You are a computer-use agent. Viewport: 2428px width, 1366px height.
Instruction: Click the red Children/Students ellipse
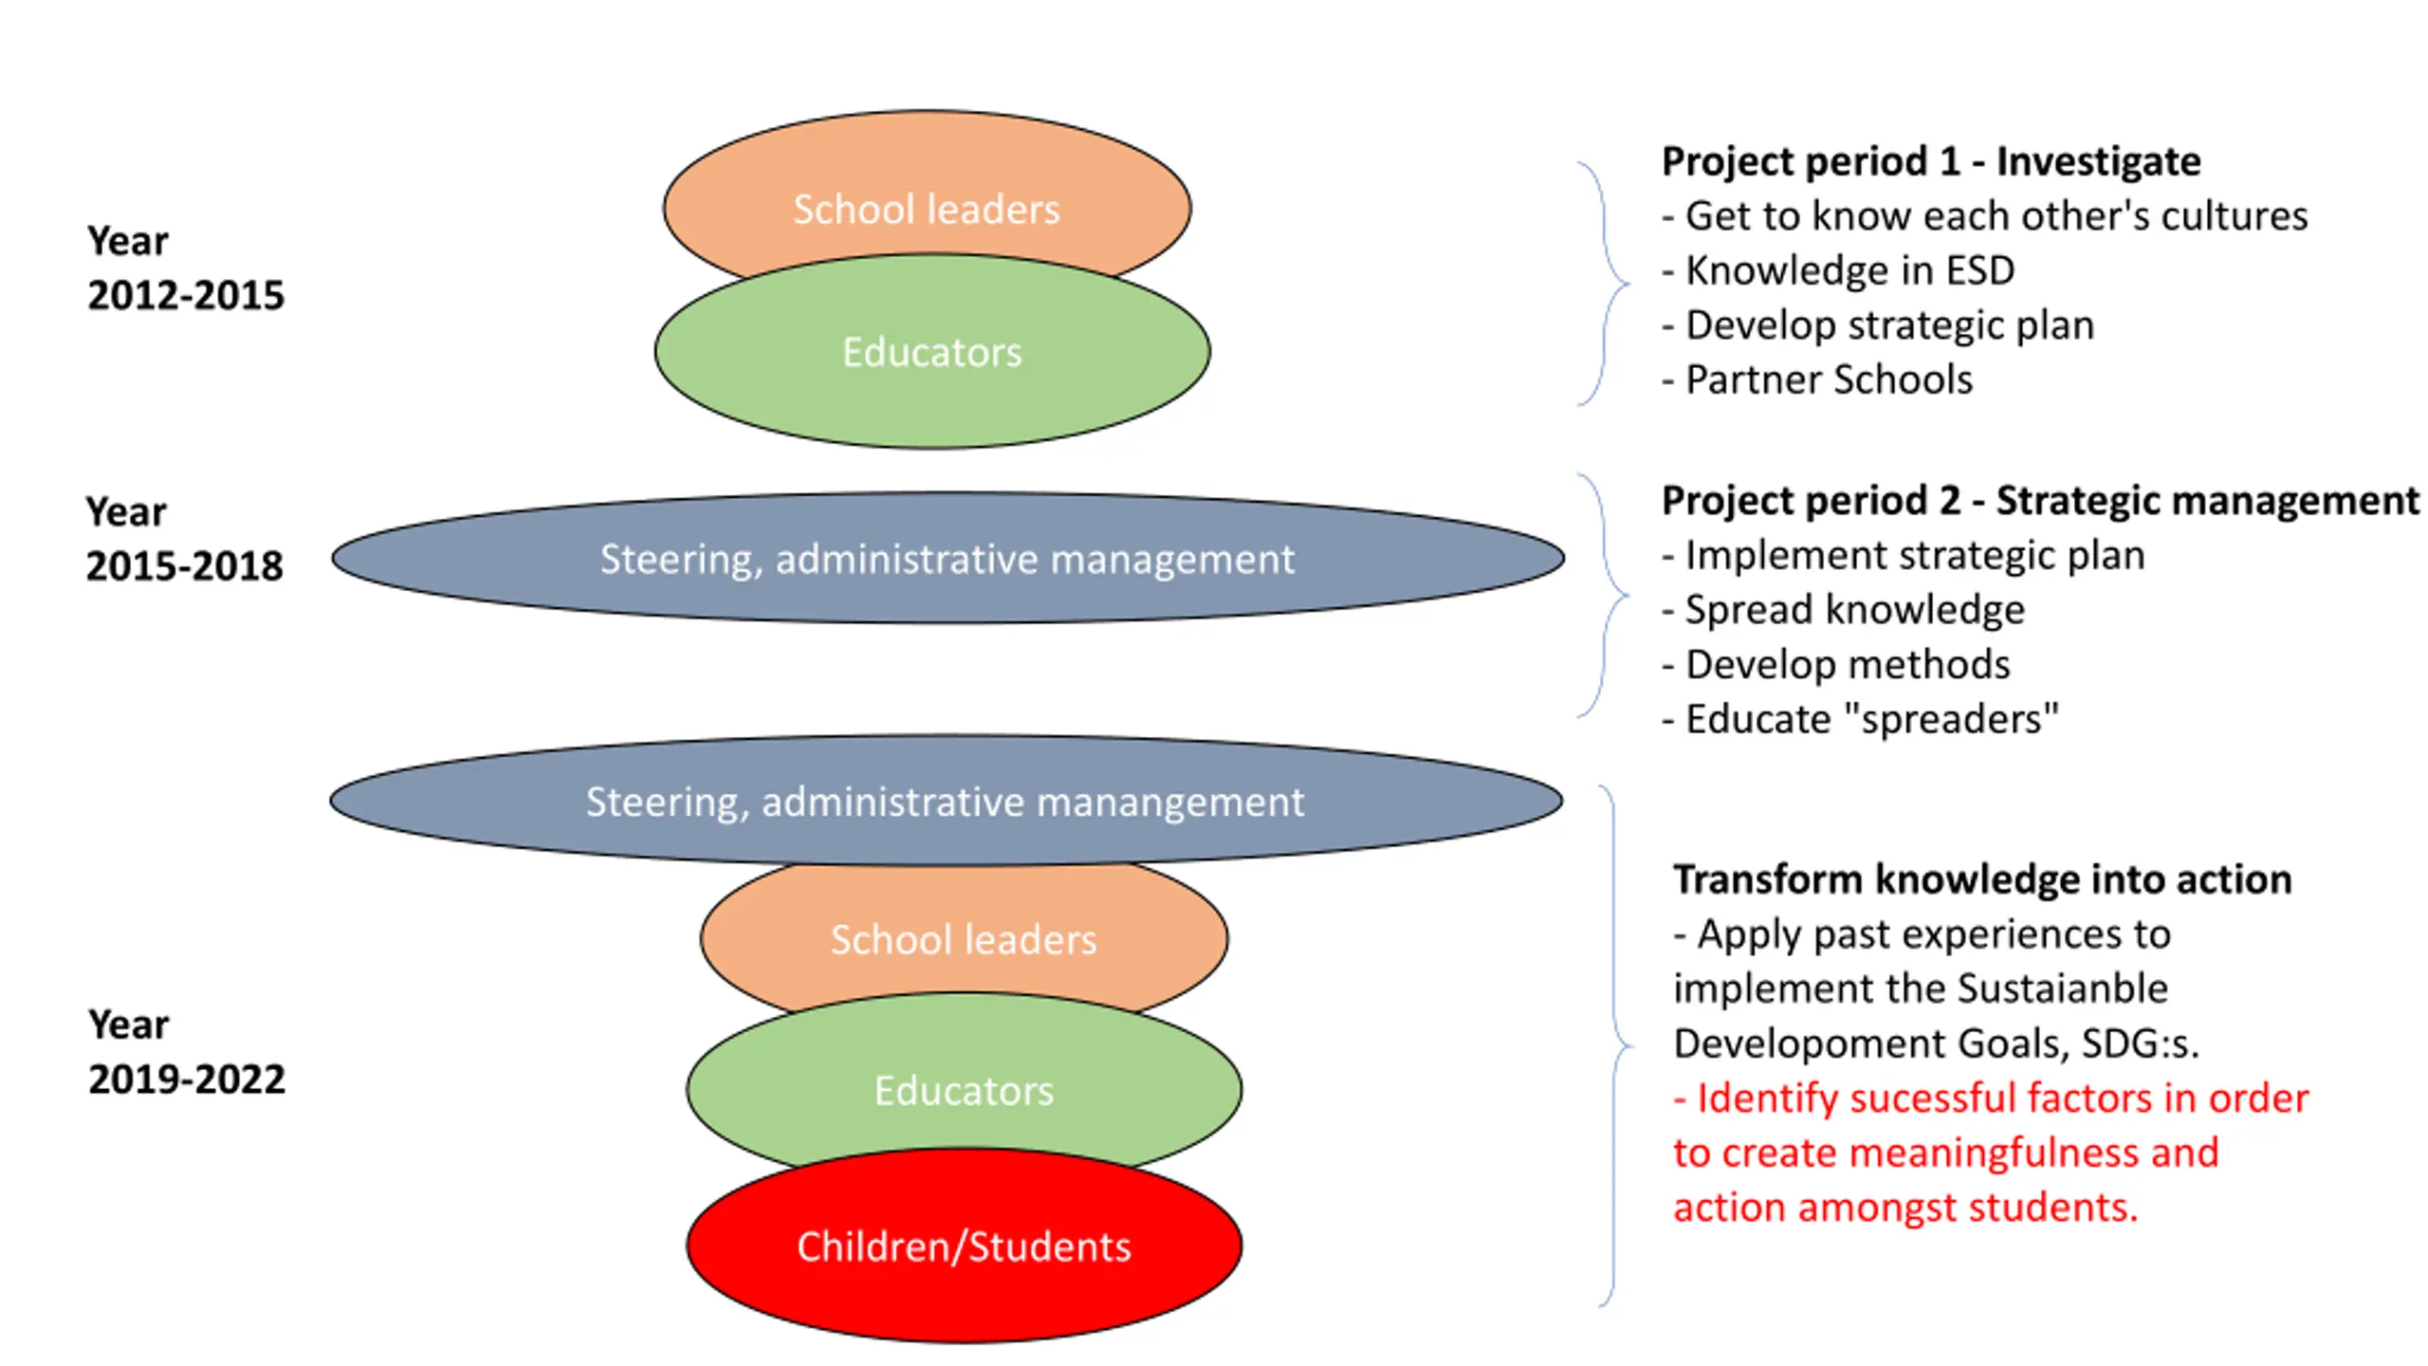[964, 1246]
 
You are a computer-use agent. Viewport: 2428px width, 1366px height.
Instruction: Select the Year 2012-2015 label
[185, 268]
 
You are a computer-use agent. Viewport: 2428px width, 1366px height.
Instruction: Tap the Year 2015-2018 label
[184, 539]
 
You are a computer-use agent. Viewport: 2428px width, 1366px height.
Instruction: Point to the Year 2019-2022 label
[186, 1052]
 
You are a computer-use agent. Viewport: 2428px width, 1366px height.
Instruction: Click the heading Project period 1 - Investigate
[1931, 162]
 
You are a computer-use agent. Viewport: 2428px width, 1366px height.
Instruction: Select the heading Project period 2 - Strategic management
[2040, 501]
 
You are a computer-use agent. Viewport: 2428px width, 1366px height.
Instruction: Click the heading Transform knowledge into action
[1982, 880]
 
